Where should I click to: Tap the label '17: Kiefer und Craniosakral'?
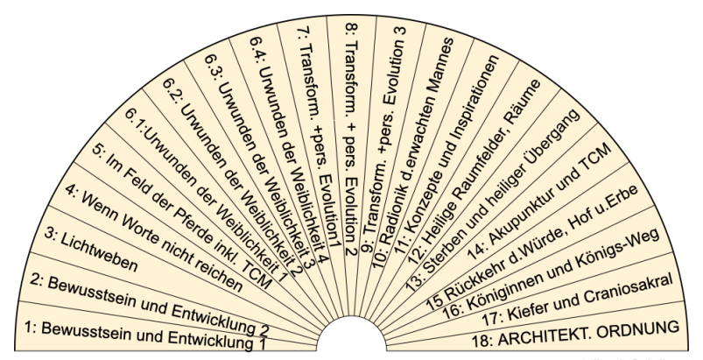(x=560, y=299)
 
